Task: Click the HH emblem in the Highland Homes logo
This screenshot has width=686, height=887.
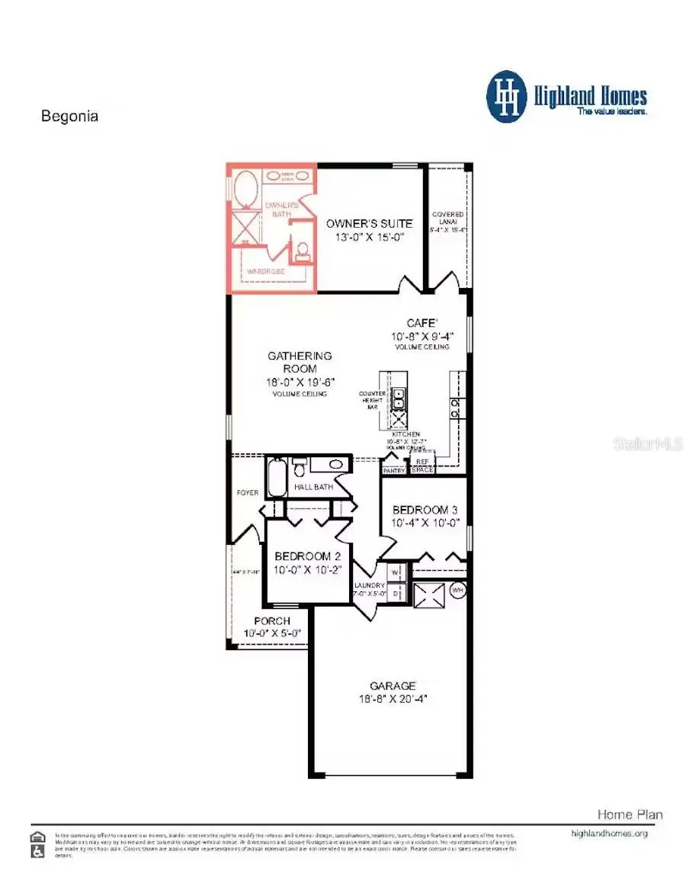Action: click(507, 97)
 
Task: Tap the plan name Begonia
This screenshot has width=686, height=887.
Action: click(69, 117)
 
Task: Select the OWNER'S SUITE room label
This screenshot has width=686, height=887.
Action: click(369, 223)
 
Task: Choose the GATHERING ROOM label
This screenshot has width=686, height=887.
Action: click(300, 362)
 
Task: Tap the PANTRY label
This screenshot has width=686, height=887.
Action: click(394, 471)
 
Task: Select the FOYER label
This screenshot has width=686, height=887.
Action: click(247, 493)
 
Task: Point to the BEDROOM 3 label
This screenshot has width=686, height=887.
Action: click(425, 509)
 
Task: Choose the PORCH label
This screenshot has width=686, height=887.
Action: click(272, 621)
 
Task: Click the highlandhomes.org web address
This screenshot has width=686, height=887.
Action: click(609, 834)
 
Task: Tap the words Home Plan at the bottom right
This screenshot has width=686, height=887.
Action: click(630, 815)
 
